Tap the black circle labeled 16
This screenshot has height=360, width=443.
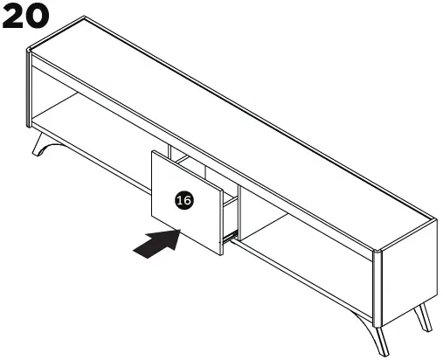[x=183, y=200]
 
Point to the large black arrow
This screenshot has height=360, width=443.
[x=156, y=242]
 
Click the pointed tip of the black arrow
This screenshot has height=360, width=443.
[x=181, y=232]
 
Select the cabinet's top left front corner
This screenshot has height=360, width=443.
[x=31, y=54]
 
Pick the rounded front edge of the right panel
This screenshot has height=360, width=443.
[x=377, y=280]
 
